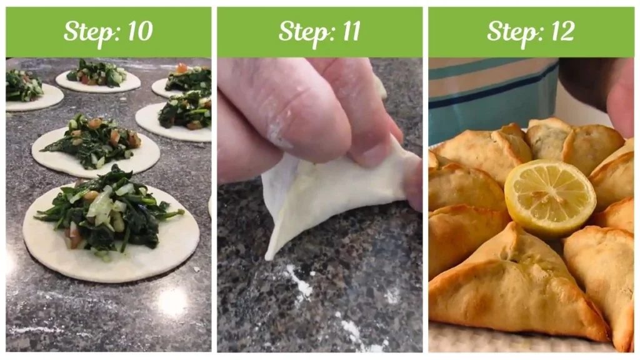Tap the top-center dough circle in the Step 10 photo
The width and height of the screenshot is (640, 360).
click(x=98, y=78)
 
